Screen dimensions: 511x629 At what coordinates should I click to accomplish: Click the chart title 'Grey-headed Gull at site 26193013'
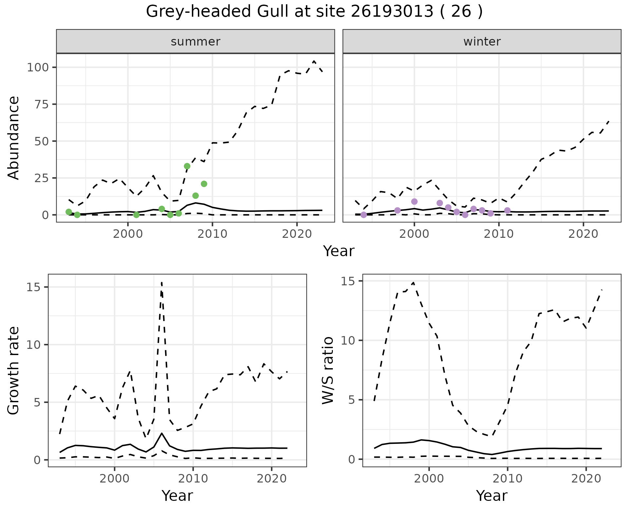314,12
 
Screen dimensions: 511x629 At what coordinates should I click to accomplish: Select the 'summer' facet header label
195,42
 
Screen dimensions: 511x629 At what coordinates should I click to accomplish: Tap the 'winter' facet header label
482,42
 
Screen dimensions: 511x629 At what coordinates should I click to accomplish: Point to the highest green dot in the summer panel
187,166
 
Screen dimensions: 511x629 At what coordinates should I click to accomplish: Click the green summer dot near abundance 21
204,184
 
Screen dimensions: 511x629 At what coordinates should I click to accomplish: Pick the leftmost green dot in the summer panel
68,212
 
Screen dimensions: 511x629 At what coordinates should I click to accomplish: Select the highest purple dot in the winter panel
414,201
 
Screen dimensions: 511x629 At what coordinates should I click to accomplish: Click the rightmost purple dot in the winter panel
507,210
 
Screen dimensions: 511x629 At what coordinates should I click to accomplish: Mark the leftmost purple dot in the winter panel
364,215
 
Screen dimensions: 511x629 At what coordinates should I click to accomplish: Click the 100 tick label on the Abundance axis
38,67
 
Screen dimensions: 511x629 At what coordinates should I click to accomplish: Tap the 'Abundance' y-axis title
14,138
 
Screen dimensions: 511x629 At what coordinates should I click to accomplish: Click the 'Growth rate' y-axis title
14,371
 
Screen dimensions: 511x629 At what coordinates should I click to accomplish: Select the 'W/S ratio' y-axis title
328,371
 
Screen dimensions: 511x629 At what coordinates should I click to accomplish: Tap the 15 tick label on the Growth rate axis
33,287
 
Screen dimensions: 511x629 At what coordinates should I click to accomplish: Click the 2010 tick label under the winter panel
499,234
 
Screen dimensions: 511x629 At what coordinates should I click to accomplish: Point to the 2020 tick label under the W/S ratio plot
586,479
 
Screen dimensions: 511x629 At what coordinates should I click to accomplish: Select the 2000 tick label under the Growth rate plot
114,479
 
